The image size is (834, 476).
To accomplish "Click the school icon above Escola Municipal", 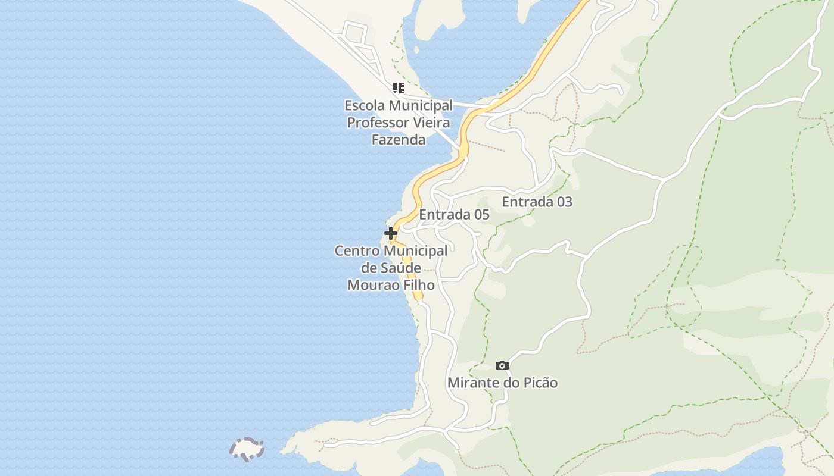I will pos(399,89).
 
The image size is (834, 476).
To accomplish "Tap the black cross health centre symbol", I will pos(391,233).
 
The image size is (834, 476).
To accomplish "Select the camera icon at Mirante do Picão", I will pos(502,365).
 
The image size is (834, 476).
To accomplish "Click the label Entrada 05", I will pos(454,215).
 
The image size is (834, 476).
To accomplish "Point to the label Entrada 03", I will pos(537,202).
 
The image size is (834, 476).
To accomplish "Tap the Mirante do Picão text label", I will pos(502,383).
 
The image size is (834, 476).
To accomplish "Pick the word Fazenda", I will pos(398,140).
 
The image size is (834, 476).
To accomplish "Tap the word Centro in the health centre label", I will pos(356,251).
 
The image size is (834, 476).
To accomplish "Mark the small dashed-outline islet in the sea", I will pos(247,449).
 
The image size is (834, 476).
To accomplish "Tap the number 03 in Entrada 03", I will pos(563,202).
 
